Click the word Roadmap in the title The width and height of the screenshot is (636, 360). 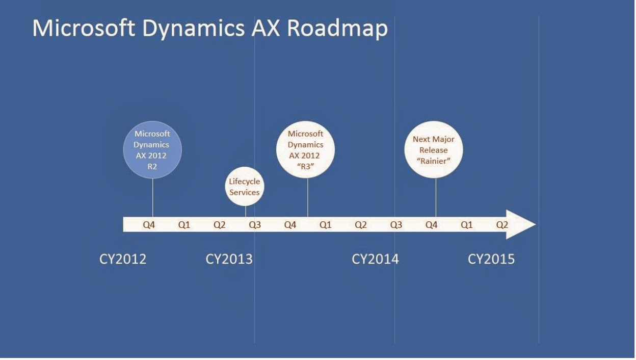click(x=337, y=29)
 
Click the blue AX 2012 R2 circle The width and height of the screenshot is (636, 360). click(x=152, y=149)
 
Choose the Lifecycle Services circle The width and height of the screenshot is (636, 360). click(x=245, y=187)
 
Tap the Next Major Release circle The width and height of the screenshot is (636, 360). click(x=433, y=149)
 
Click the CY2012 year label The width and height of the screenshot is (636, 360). click(x=122, y=259)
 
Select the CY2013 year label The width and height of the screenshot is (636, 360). click(x=229, y=259)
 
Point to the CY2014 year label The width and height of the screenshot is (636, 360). click(x=375, y=259)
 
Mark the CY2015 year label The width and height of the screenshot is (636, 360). click(x=491, y=259)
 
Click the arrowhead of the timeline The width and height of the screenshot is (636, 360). click(x=522, y=224)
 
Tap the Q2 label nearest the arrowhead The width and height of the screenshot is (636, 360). click(x=502, y=224)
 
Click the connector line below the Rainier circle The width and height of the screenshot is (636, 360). click(x=436, y=196)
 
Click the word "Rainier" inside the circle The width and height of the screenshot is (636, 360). click(x=433, y=162)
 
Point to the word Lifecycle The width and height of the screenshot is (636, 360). click(x=245, y=182)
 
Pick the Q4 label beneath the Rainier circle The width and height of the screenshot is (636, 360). click(x=431, y=224)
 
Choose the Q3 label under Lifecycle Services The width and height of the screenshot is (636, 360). click(x=254, y=224)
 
